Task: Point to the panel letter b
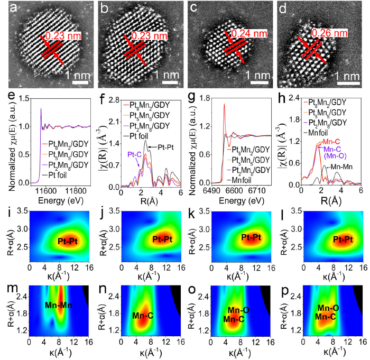tap(105, 9)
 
